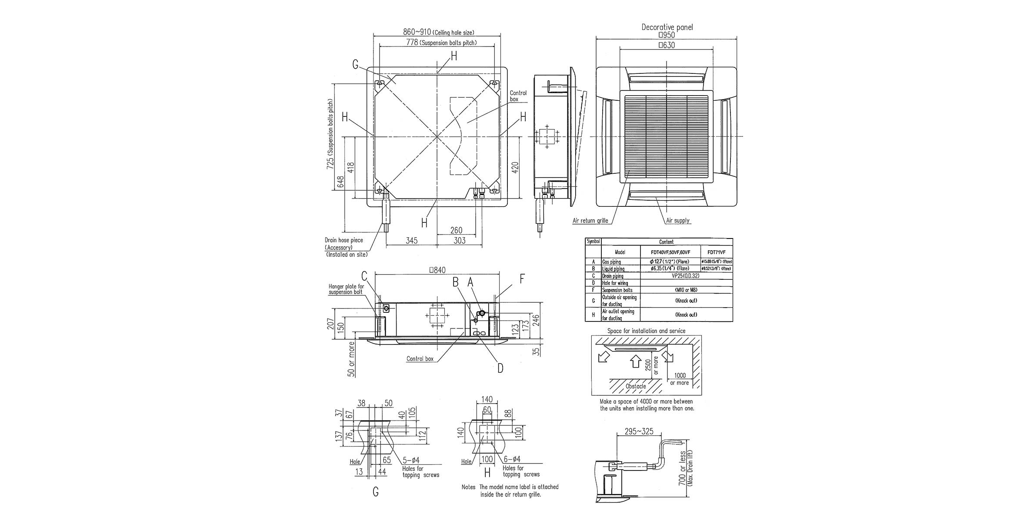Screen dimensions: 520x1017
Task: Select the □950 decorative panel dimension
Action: [667, 35]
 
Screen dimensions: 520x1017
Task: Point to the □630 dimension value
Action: [667, 45]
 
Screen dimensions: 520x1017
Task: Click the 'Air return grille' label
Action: [590, 221]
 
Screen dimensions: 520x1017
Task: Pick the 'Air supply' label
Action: [678, 221]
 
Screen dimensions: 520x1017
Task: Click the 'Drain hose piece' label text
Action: [343, 240]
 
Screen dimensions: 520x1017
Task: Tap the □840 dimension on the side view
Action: [437, 270]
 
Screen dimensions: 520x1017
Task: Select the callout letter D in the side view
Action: [500, 368]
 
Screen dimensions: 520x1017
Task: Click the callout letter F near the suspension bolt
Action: [522, 279]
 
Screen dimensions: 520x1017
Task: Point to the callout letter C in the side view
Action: [364, 276]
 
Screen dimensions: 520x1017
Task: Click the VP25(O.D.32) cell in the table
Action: [685, 276]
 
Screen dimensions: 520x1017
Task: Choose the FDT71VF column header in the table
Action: [716, 252]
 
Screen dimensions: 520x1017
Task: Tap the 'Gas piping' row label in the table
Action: [611, 262]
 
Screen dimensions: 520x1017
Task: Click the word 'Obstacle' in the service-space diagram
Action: [635, 386]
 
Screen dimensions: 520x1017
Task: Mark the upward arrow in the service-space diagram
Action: [635, 361]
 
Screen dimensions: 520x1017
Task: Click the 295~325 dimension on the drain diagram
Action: [639, 432]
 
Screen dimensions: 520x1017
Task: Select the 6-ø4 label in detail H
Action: [512, 459]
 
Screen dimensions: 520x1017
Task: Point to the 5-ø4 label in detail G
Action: [411, 460]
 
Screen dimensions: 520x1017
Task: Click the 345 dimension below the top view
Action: [411, 240]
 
